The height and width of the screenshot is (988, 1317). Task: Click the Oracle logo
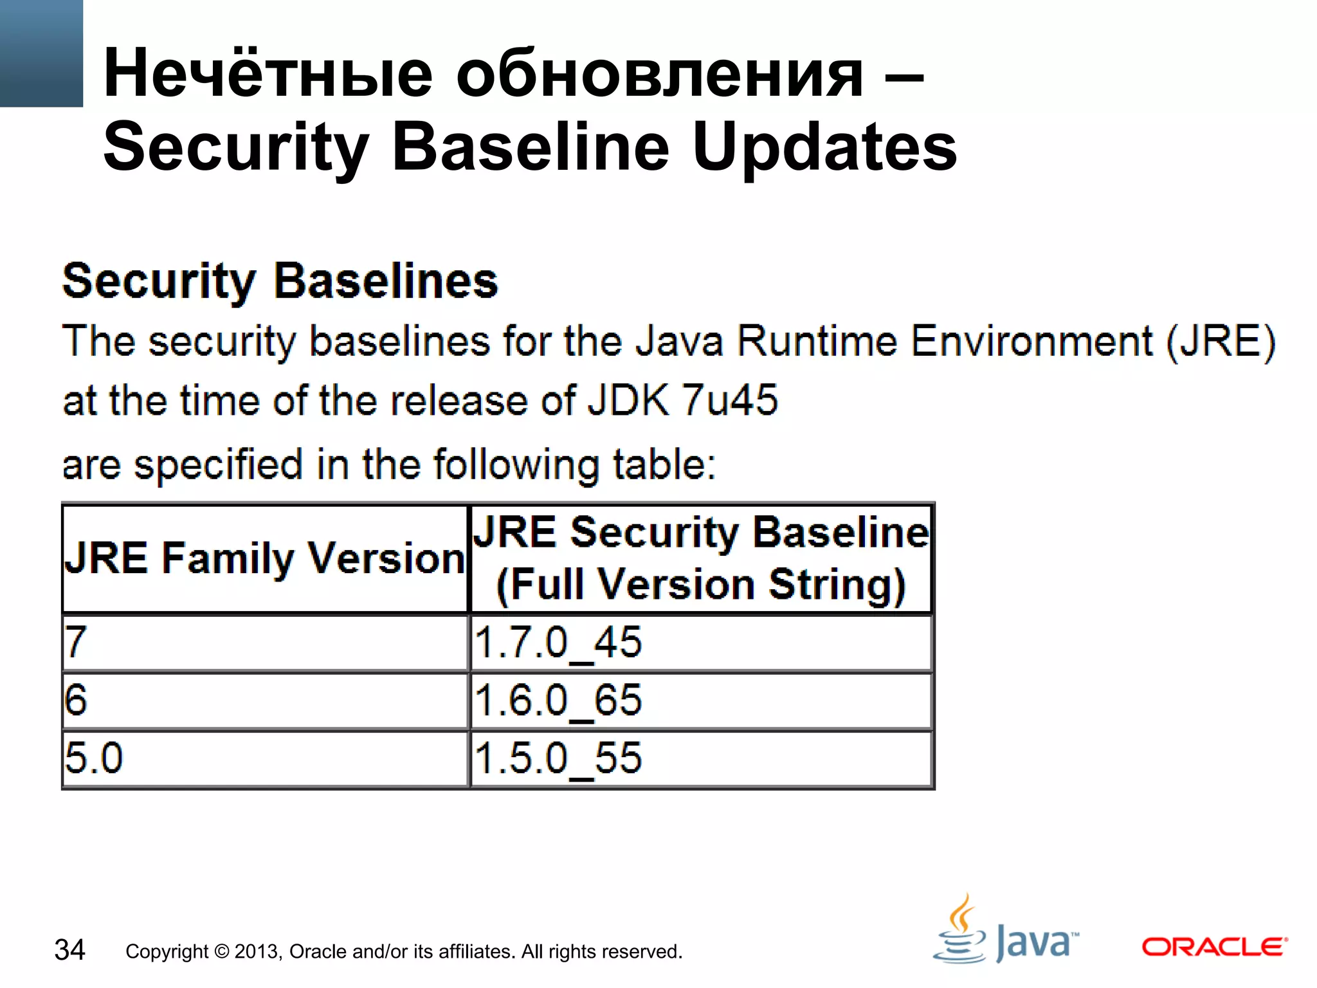(1214, 947)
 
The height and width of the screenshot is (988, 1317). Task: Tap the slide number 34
(69, 950)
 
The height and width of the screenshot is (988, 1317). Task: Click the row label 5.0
(94, 758)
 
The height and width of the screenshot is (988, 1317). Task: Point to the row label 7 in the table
(75, 642)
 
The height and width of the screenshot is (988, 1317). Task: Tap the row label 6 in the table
(76, 700)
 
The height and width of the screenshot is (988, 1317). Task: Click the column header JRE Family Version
(264, 558)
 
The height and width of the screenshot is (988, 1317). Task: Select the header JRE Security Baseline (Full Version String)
(701, 558)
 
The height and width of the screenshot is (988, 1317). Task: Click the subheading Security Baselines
(280, 281)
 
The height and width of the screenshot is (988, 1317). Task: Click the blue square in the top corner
(41, 53)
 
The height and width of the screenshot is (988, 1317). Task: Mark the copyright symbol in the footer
(221, 951)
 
